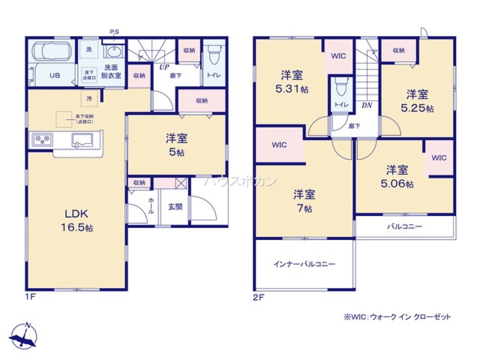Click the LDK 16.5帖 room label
point(76,220)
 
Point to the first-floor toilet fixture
point(215,54)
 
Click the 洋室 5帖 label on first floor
point(176,145)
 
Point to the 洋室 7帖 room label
point(304,201)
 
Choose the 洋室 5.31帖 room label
point(291,82)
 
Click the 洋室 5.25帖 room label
point(417,101)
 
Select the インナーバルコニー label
point(304,264)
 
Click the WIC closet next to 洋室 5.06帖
point(439,158)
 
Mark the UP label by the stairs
point(164,68)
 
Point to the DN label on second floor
point(367,105)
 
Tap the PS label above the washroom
point(114,32)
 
